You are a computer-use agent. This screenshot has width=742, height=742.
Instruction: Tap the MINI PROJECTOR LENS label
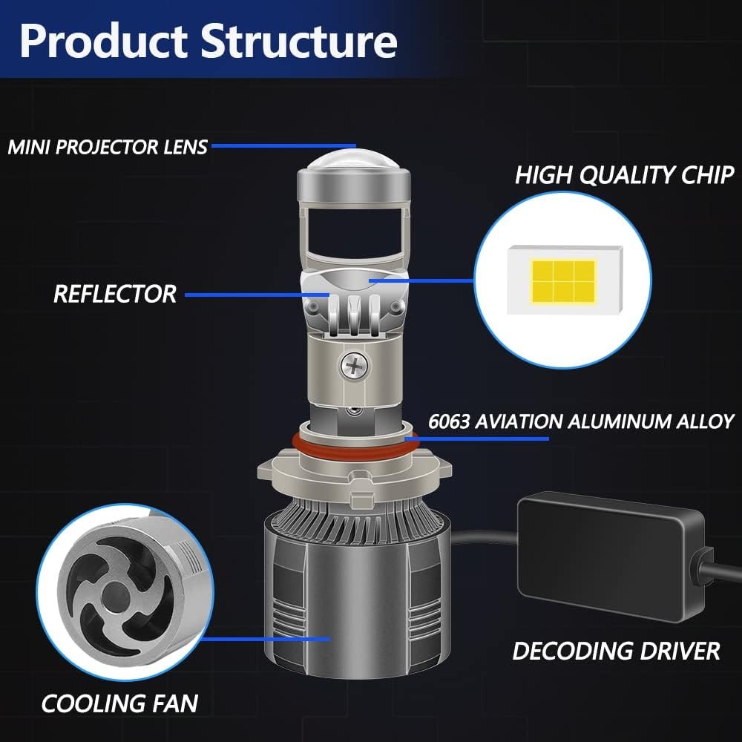[108, 147]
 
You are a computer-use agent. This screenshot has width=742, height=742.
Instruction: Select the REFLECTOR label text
[115, 294]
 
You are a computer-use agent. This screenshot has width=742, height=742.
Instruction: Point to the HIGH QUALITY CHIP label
[624, 174]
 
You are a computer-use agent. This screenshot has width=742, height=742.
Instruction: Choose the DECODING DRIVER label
[616, 651]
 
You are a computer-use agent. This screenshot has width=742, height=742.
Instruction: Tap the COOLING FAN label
[119, 703]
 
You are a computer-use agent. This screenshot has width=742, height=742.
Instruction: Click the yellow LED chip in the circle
[563, 281]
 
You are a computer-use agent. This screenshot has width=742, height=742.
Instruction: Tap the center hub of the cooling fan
[114, 595]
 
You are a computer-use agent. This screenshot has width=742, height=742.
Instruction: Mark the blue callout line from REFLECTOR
[257, 295]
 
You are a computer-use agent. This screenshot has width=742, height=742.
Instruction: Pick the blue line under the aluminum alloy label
[477, 439]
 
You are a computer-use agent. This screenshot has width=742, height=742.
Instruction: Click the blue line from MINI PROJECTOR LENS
[283, 145]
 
